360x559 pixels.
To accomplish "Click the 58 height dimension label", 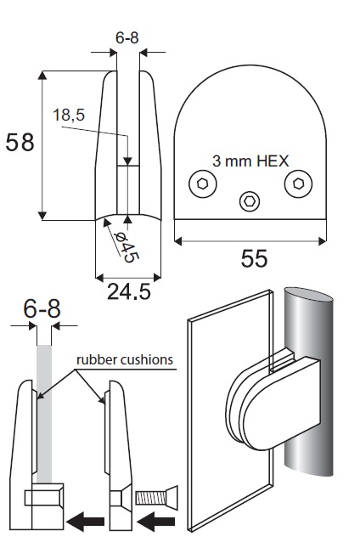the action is pos(20,142).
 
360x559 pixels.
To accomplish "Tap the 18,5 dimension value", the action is pos(69,116).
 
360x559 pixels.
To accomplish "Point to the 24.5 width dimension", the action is pos(129,292).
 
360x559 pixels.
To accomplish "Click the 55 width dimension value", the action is pos(254,258).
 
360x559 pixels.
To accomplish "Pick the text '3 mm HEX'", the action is pos(250,161).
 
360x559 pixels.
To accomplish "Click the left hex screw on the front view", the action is pos(202,184).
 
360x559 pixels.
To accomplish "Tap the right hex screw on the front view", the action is pos(298,184).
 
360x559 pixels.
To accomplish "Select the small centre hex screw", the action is pos(250,201).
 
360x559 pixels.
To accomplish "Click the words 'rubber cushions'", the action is pos(125,359).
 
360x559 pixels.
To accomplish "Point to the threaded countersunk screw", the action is pos(157,497).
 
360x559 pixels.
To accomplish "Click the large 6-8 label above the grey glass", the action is pos(42,308).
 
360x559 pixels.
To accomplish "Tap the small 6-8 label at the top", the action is pos(127,37).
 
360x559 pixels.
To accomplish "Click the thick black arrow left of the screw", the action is pos(156,522).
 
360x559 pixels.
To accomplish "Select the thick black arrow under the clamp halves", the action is pos(85,522).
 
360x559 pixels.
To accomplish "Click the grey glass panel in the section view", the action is pos(44,414).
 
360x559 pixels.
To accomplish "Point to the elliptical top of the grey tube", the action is pos(309,295).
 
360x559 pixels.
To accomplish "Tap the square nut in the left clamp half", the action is pos(43,498).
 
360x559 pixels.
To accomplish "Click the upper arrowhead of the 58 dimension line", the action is pos(42,75).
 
